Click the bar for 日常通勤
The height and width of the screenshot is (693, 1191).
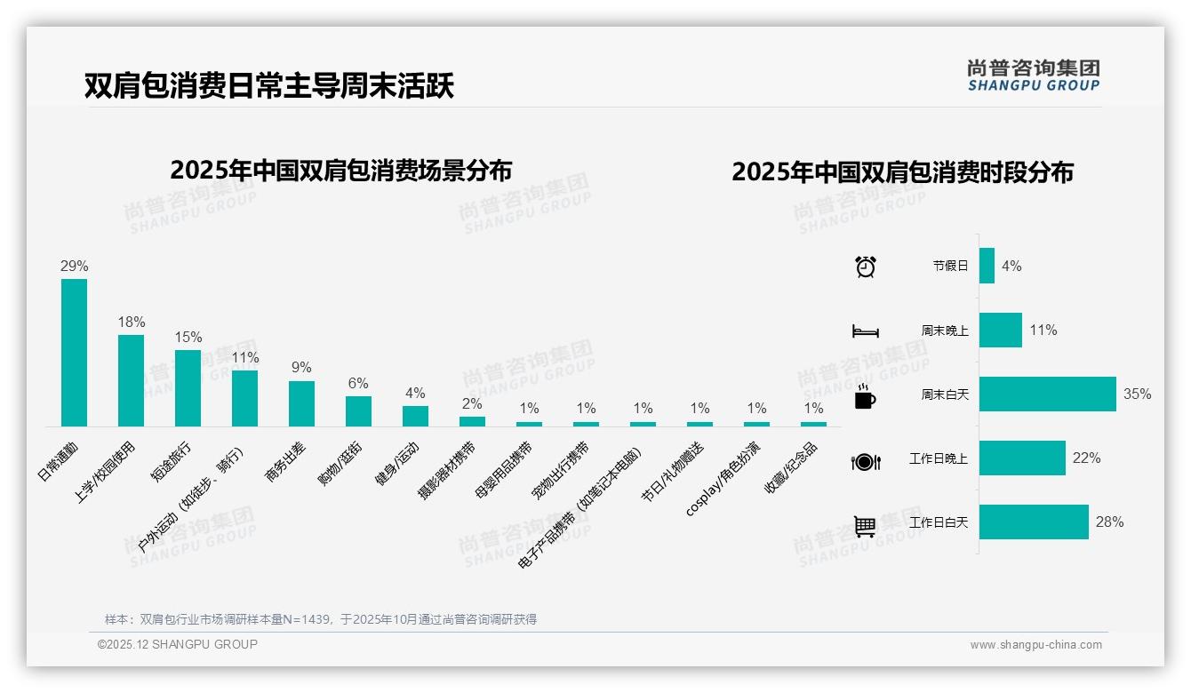[x=74, y=353]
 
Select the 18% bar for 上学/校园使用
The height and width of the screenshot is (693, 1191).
[x=131, y=380]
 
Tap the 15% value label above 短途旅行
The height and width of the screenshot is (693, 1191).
[x=188, y=338]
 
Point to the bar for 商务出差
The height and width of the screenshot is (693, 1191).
[x=301, y=403]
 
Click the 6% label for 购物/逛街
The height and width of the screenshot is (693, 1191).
[x=358, y=384]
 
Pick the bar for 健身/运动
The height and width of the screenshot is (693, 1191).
[x=415, y=416]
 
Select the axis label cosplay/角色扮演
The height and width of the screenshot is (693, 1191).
[x=723, y=478]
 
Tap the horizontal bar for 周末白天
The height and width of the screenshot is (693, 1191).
[x=1047, y=394]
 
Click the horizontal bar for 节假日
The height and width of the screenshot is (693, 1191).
[x=987, y=266]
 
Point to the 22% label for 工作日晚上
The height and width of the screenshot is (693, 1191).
[x=1086, y=458]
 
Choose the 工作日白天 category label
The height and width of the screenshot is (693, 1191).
[x=939, y=522]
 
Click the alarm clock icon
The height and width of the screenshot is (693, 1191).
[x=865, y=266]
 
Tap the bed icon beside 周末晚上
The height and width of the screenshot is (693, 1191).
[x=865, y=331]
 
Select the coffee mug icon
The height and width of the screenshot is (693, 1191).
[x=865, y=397]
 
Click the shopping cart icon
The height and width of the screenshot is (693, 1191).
[x=865, y=526]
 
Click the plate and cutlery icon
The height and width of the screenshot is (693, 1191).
[x=865, y=461]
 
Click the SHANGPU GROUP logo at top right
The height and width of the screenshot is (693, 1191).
[x=1033, y=76]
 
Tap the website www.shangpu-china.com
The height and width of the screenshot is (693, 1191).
[x=1035, y=645]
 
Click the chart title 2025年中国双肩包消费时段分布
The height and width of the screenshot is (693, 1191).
[x=902, y=171]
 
